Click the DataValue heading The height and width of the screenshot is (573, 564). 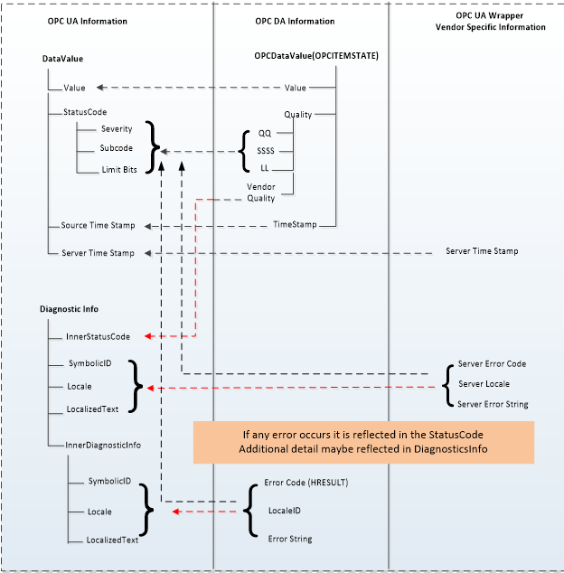(x=63, y=59)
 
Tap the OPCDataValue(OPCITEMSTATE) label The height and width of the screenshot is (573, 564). (x=316, y=56)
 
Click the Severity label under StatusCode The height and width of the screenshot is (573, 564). (x=117, y=129)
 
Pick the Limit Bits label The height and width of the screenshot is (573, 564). (x=120, y=169)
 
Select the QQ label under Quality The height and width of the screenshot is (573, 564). (x=265, y=133)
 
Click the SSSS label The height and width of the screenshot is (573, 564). (x=266, y=151)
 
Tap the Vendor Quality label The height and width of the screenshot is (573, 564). (x=261, y=192)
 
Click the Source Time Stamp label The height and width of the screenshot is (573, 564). (x=98, y=225)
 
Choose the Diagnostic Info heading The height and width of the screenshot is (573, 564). (x=70, y=309)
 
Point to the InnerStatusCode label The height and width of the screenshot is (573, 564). (x=98, y=336)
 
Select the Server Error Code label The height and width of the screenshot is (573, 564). (x=492, y=363)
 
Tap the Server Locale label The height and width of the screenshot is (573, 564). (x=484, y=384)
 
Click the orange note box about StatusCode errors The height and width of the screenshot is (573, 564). (x=363, y=439)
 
